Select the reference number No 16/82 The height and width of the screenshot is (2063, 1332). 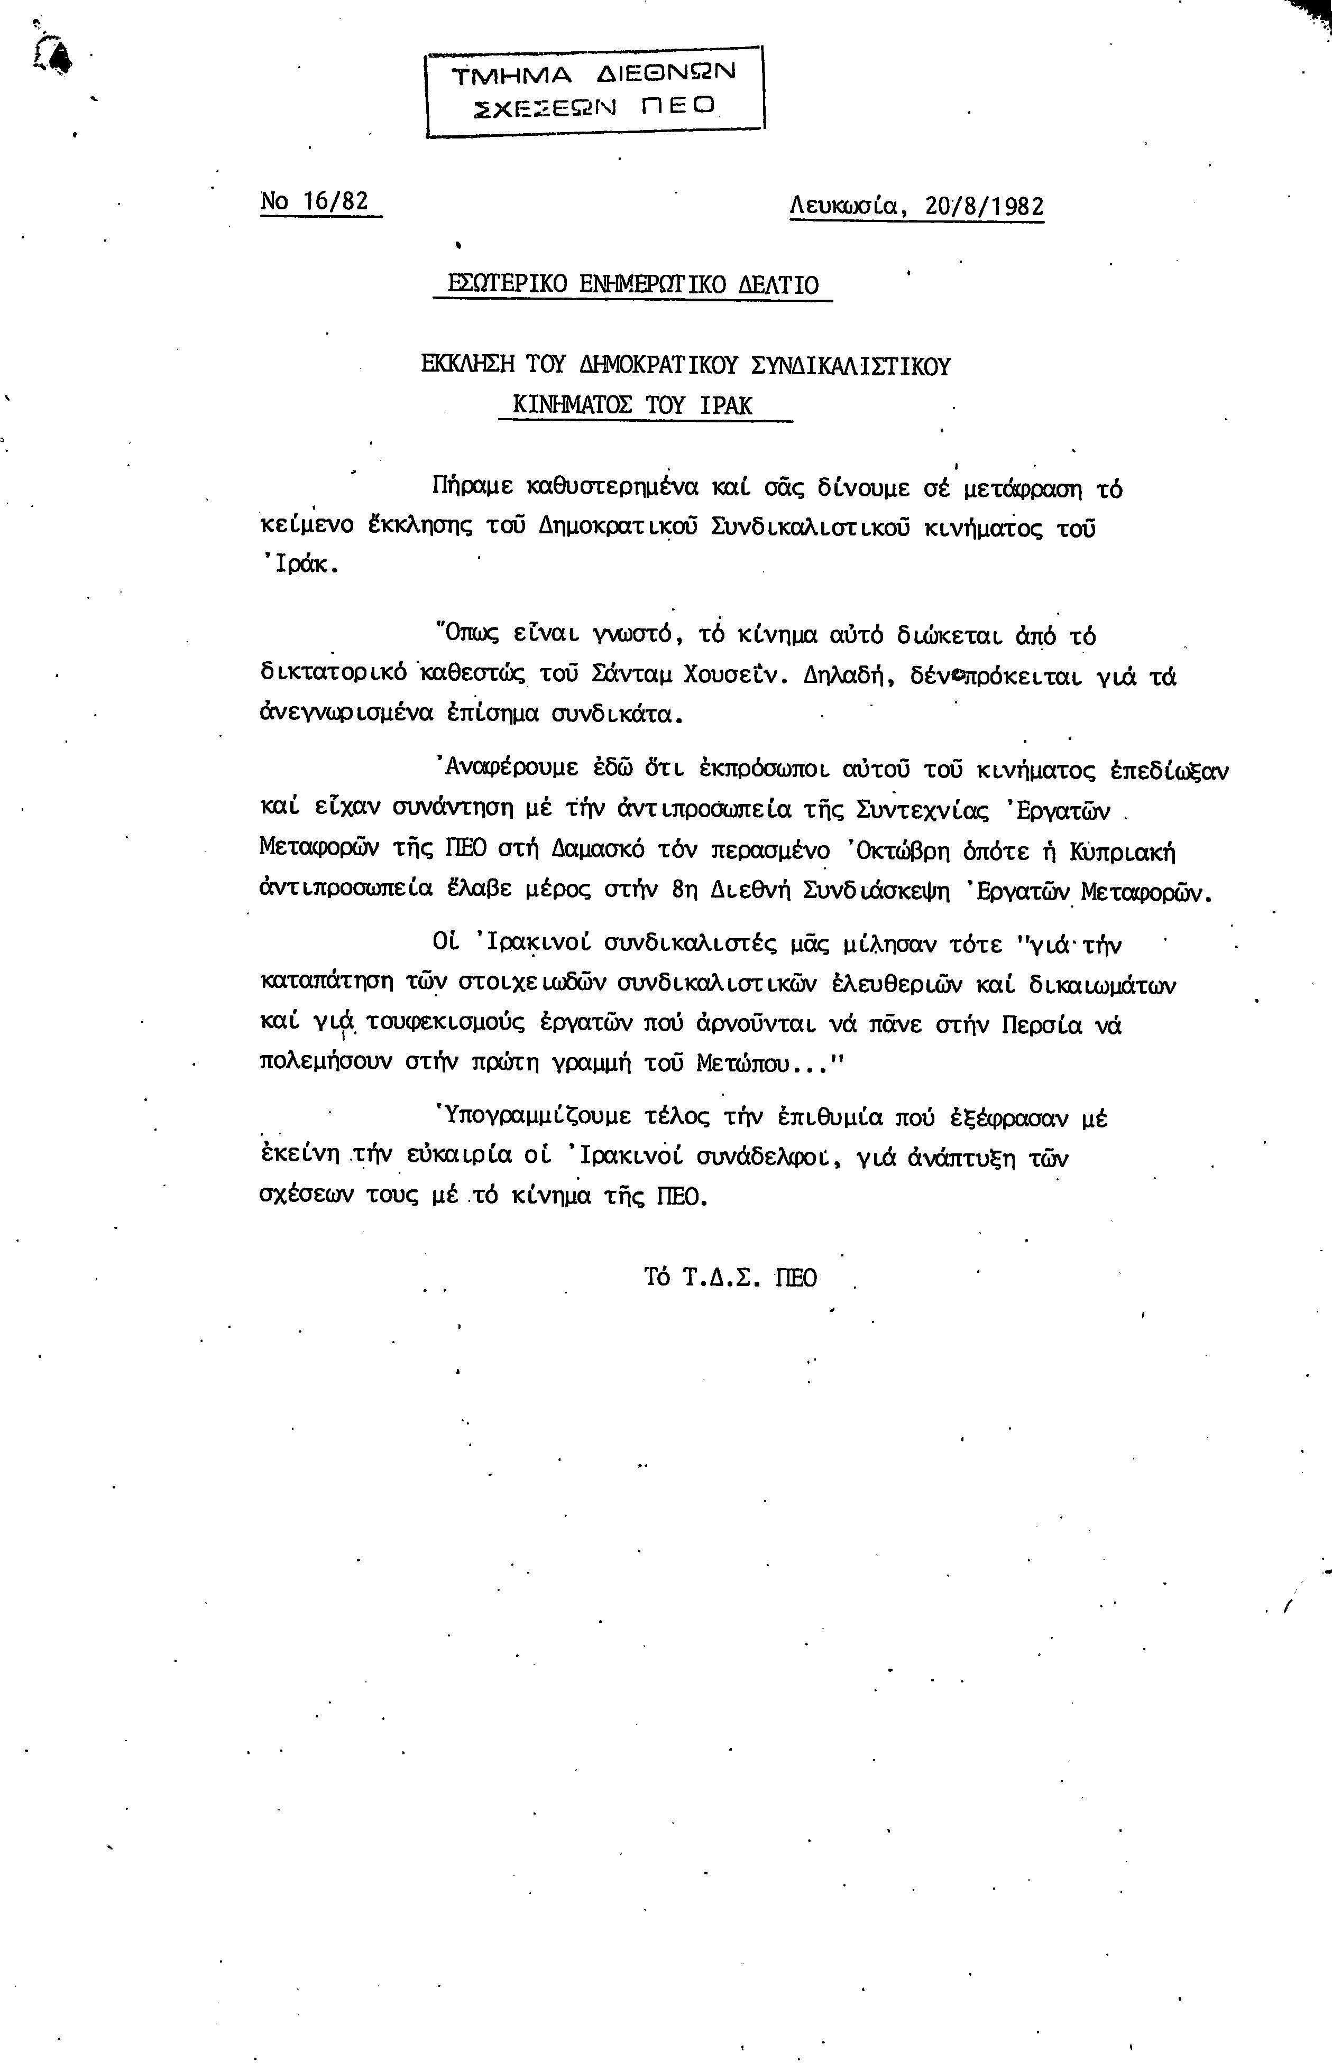(315, 201)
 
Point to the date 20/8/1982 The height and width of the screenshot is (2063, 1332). (984, 208)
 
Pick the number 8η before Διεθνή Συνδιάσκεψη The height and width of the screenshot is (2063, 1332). (684, 892)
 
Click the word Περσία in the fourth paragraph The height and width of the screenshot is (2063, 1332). (1041, 1024)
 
